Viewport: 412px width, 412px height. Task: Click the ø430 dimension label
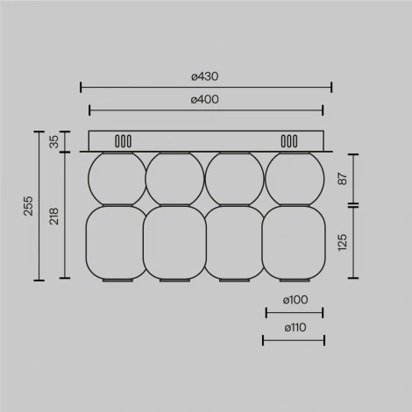click(x=205, y=76)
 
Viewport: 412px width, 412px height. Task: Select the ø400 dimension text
click(x=205, y=99)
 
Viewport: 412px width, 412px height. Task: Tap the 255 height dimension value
click(x=27, y=207)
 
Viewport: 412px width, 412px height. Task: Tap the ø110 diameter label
click(x=294, y=327)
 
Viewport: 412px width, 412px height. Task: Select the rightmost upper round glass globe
click(x=294, y=178)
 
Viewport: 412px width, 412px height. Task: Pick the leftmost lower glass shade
click(x=112, y=243)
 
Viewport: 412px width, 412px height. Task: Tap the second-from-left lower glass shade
click(x=174, y=243)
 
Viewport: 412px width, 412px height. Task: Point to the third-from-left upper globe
click(x=234, y=178)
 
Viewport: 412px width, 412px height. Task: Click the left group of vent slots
click(x=124, y=140)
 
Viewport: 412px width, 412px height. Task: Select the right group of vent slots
click(x=288, y=140)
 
